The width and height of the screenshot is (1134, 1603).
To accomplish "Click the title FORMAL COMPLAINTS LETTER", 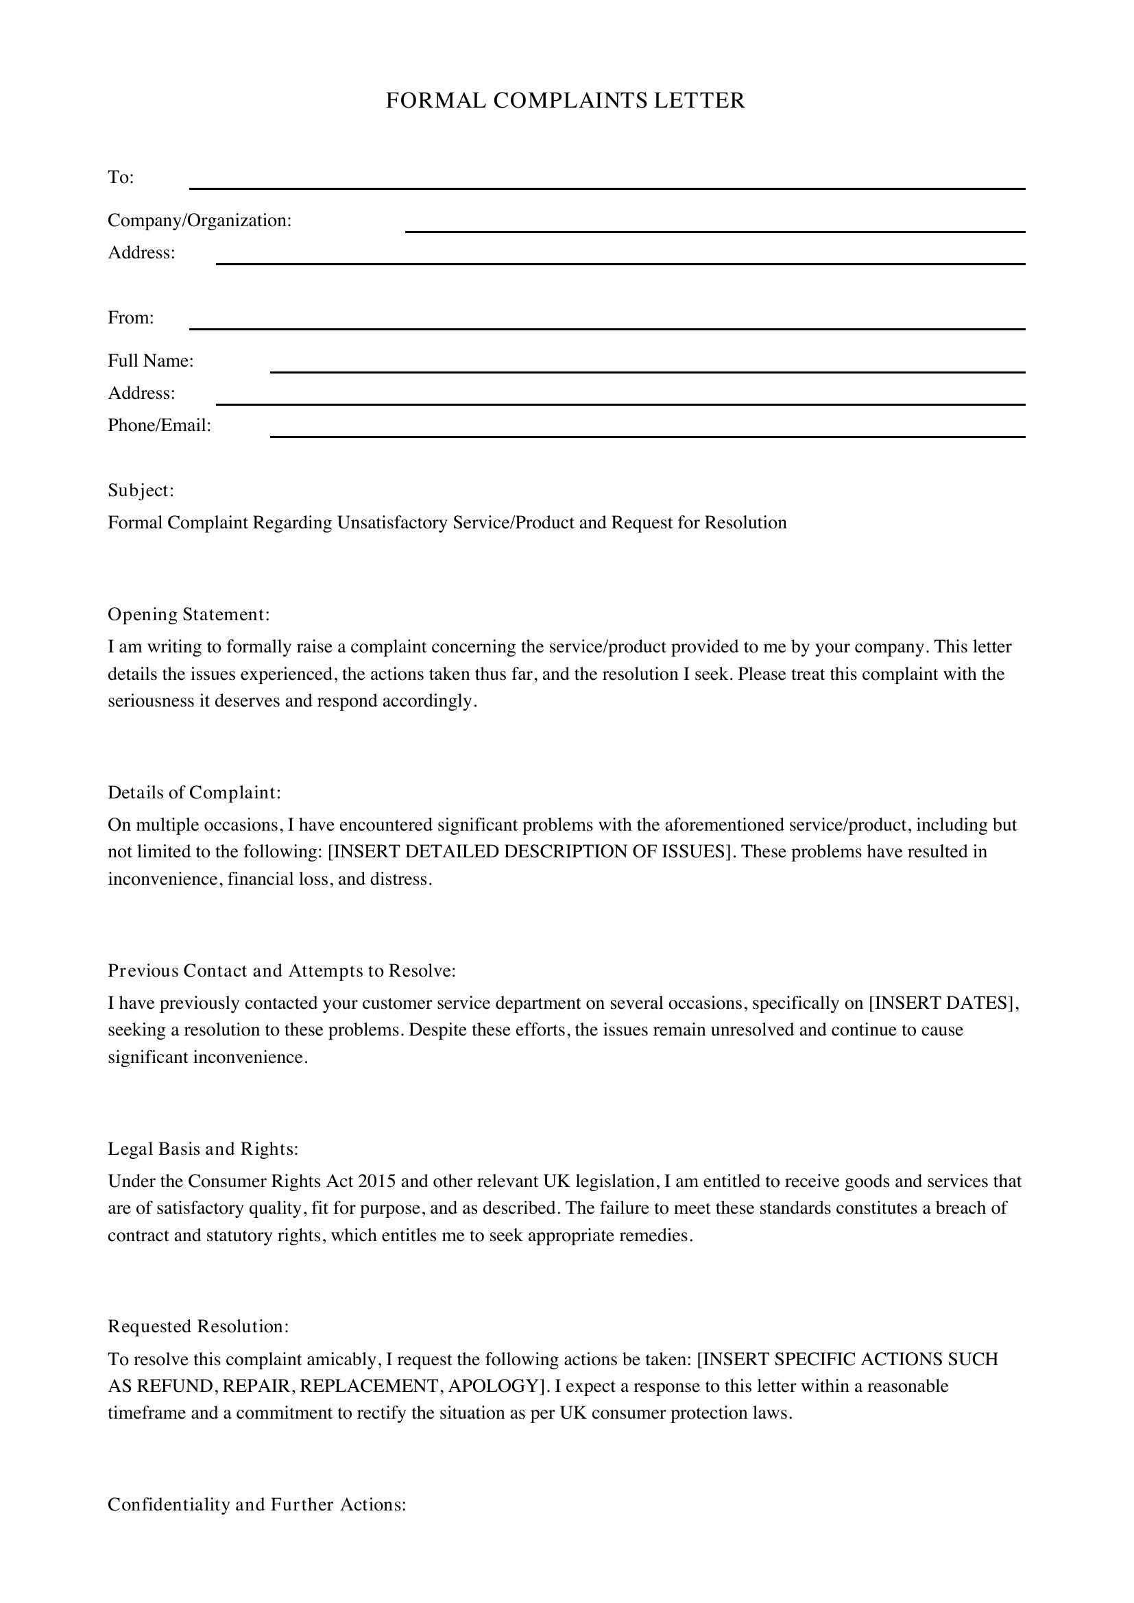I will tap(566, 101).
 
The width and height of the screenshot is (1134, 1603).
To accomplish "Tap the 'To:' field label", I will tap(121, 178).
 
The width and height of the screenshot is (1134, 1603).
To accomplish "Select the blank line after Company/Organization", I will tap(714, 230).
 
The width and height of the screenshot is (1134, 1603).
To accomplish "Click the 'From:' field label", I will tap(130, 318).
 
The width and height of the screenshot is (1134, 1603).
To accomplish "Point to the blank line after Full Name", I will tap(647, 371).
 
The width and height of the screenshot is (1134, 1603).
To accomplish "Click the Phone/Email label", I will tap(159, 425).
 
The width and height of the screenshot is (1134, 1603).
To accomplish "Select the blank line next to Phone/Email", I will tap(647, 436).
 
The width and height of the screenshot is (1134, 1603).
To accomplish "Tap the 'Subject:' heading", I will tap(141, 490).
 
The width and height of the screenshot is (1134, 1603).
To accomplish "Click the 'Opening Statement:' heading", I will tap(189, 614).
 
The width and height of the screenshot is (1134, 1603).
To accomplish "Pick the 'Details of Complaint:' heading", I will tap(194, 792).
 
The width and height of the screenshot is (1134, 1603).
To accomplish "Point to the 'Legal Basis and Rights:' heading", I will tap(203, 1149).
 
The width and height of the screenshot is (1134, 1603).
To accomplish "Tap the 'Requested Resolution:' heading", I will tap(198, 1327).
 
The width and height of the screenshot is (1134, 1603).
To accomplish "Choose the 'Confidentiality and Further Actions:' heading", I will tap(257, 1504).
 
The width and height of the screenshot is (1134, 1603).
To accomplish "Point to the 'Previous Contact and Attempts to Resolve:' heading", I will tap(281, 970).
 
